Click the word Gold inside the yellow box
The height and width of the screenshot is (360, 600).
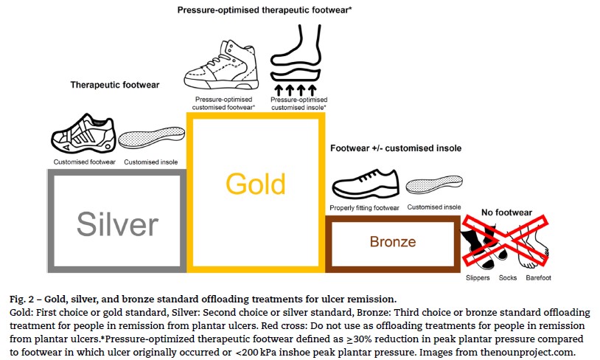pos(255,184)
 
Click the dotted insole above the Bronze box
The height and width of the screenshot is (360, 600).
pos(434,185)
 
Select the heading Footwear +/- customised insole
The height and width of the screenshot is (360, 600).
pos(396,148)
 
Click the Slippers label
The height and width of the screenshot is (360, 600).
pos(477,278)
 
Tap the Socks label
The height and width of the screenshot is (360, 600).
pos(508,278)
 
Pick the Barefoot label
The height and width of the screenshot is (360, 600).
pos(538,278)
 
